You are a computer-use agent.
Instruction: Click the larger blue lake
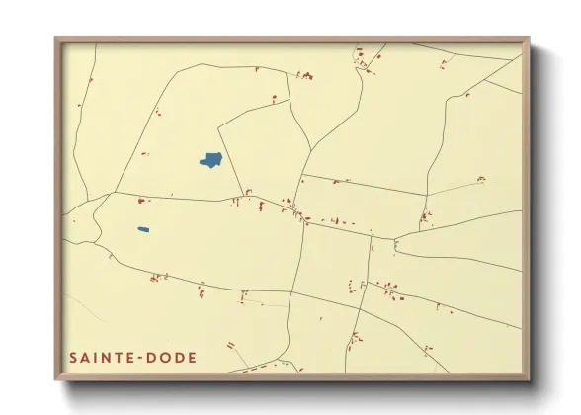(x=210, y=160)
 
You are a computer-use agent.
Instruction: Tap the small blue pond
(x=143, y=230)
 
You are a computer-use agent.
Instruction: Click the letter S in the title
(x=74, y=358)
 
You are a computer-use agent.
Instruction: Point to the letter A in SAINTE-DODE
(x=87, y=358)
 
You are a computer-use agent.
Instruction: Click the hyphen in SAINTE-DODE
(x=149, y=358)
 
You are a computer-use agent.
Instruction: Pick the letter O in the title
(x=176, y=358)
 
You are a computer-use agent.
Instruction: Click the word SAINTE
(x=105, y=358)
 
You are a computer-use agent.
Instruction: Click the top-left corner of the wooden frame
(x=56, y=39)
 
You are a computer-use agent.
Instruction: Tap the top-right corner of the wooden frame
(x=529, y=39)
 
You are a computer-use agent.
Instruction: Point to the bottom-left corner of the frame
(x=56, y=379)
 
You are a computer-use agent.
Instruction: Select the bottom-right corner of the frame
(x=529, y=379)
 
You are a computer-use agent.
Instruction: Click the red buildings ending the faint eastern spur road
(x=481, y=179)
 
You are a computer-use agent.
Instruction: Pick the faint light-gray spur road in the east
(x=455, y=187)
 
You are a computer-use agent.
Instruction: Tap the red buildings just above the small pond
(x=140, y=201)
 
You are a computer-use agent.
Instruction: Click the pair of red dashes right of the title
(x=230, y=346)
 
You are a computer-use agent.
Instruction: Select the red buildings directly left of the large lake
(x=144, y=153)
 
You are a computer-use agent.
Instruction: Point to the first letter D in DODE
(x=162, y=358)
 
